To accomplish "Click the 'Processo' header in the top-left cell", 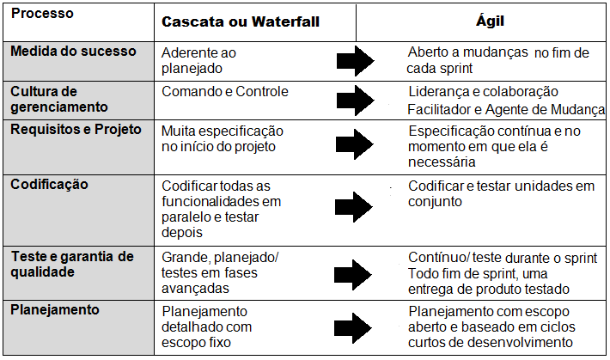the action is pyautogui.click(x=42, y=13).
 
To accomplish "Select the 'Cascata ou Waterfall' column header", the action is pyautogui.click(x=241, y=21).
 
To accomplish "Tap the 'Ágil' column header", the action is pyautogui.click(x=490, y=20).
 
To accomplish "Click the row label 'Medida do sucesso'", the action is pyautogui.click(x=73, y=51).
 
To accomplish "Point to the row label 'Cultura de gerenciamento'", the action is pyautogui.click(x=59, y=99).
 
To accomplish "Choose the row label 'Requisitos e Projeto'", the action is pyautogui.click(x=76, y=129).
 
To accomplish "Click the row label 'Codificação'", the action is pyautogui.click(x=50, y=184).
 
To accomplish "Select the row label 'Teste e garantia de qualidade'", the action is pyautogui.click(x=72, y=264).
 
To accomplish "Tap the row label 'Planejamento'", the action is pyautogui.click(x=55, y=310).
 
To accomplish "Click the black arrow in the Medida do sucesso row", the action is pyautogui.click(x=355, y=61).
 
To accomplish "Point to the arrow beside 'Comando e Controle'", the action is pyautogui.click(x=355, y=101).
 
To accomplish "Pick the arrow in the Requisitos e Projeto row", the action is pyautogui.click(x=355, y=144).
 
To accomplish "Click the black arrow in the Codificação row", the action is pyautogui.click(x=354, y=207).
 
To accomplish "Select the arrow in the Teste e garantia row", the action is pyautogui.click(x=353, y=275).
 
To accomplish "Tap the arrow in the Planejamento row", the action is pyautogui.click(x=353, y=328).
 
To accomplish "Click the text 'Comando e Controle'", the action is pyautogui.click(x=225, y=91).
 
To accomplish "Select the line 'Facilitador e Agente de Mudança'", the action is pyautogui.click(x=506, y=109).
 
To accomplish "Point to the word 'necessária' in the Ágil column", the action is pyautogui.click(x=442, y=162).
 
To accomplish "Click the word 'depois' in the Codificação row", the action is pyautogui.click(x=182, y=232).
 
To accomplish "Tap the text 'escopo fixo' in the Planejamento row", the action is pyautogui.click(x=196, y=343).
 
